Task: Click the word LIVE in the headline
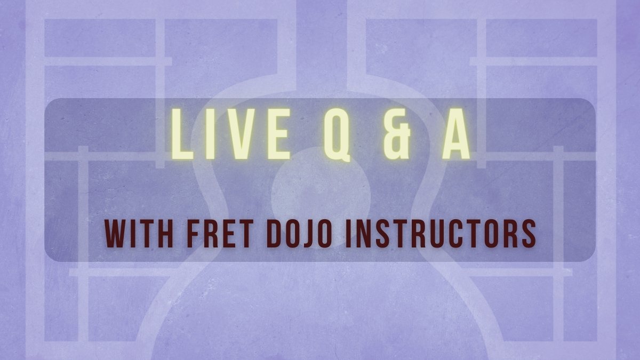pyautogui.click(x=230, y=134)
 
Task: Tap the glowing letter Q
pyautogui.click(x=337, y=135)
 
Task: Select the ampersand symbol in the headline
pyautogui.click(x=397, y=134)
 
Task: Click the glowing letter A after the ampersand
pyautogui.click(x=456, y=134)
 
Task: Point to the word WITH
pyautogui.click(x=139, y=234)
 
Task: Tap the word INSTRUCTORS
pyautogui.click(x=441, y=234)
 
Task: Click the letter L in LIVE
pyautogui.click(x=182, y=134)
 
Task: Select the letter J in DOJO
pyautogui.click(x=306, y=234)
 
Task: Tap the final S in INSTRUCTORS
pyautogui.click(x=527, y=234)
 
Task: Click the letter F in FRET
pyautogui.click(x=194, y=234)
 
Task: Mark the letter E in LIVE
pyautogui.click(x=279, y=134)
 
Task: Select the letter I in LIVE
pyautogui.click(x=210, y=134)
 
